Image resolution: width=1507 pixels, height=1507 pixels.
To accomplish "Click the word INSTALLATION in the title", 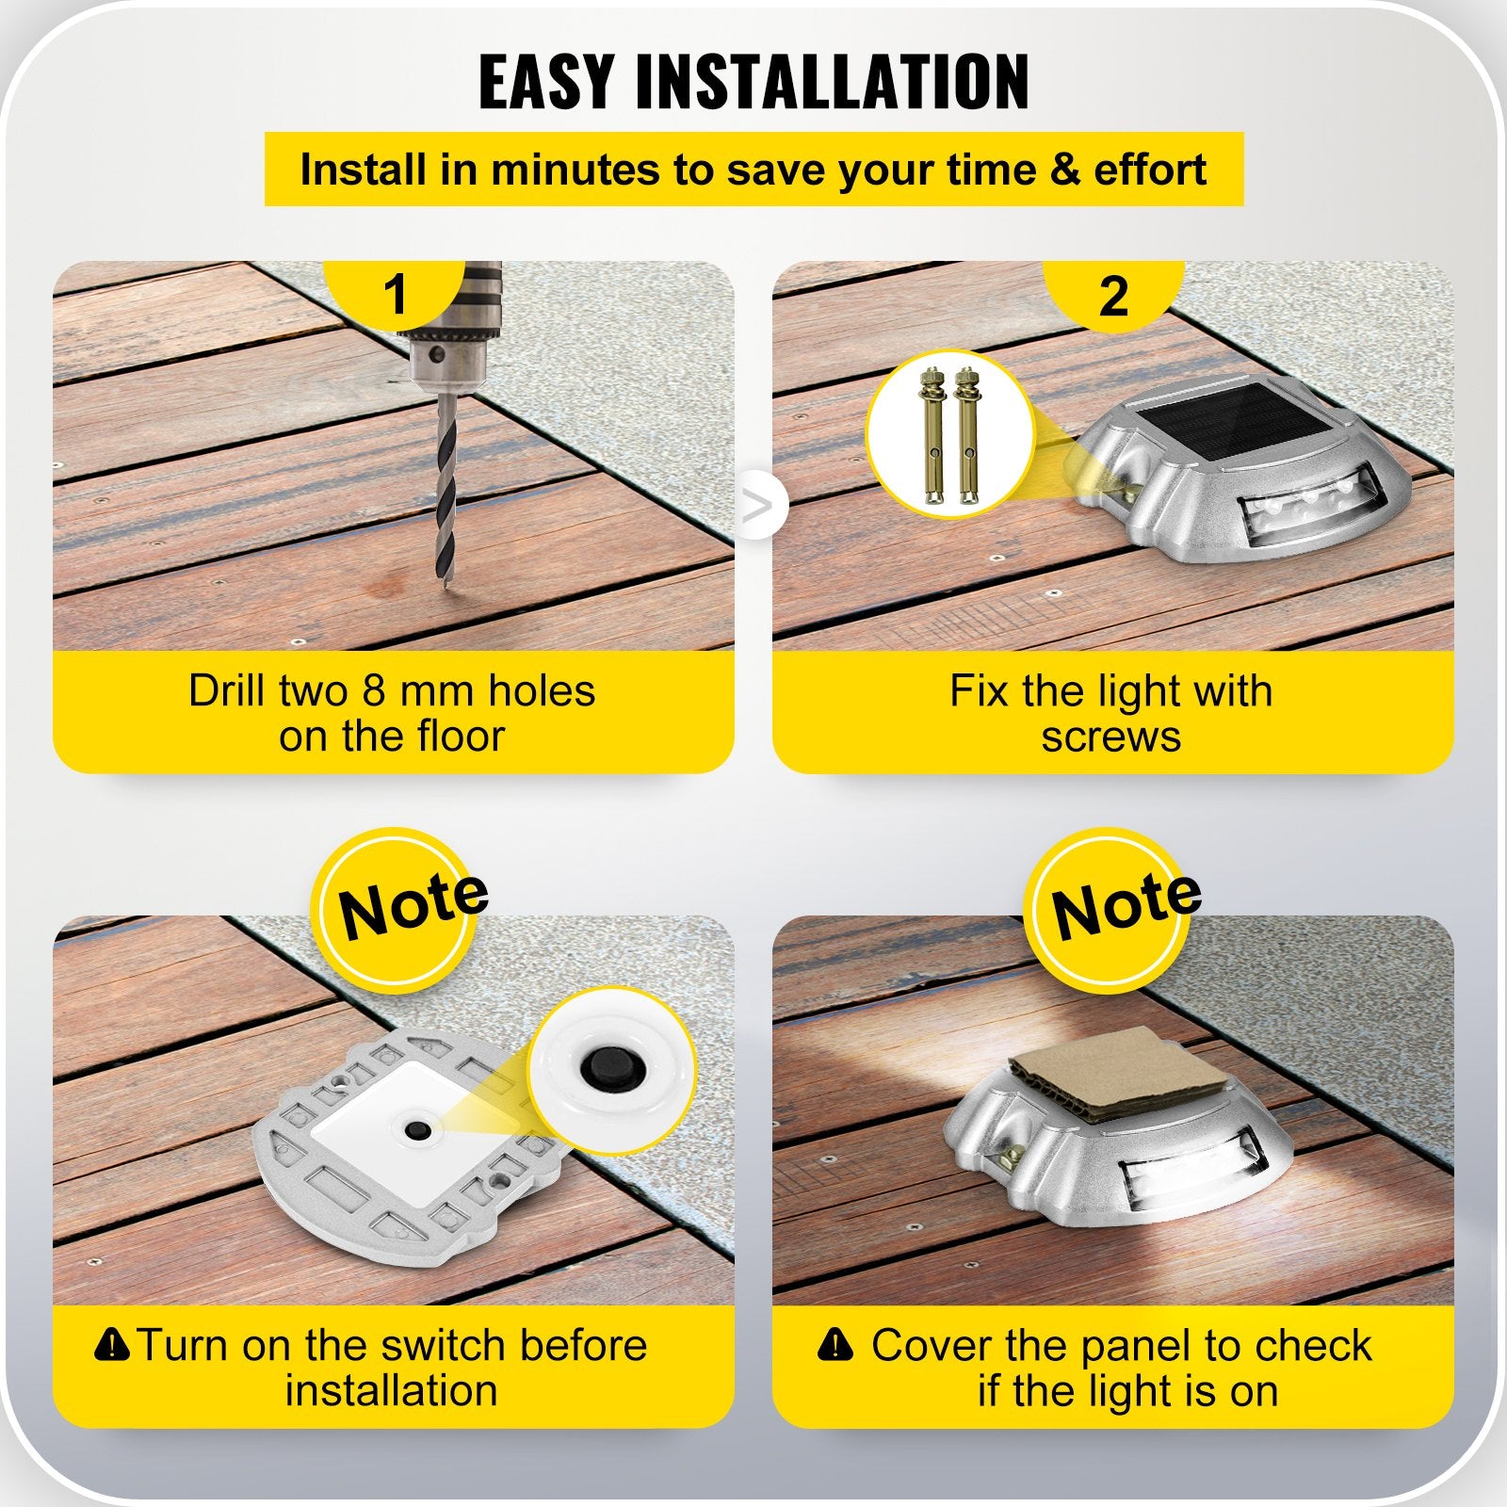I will (x=833, y=83).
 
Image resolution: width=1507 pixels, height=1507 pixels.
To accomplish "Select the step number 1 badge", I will (x=395, y=295).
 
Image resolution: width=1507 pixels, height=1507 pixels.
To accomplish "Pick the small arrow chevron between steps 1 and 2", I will (x=757, y=506).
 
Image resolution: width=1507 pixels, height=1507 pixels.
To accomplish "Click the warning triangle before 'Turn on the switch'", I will (x=112, y=1344).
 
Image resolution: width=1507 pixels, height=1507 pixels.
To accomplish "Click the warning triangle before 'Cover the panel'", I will (x=835, y=1344).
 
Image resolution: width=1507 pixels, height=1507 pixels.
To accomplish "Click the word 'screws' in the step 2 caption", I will (x=1110, y=737).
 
